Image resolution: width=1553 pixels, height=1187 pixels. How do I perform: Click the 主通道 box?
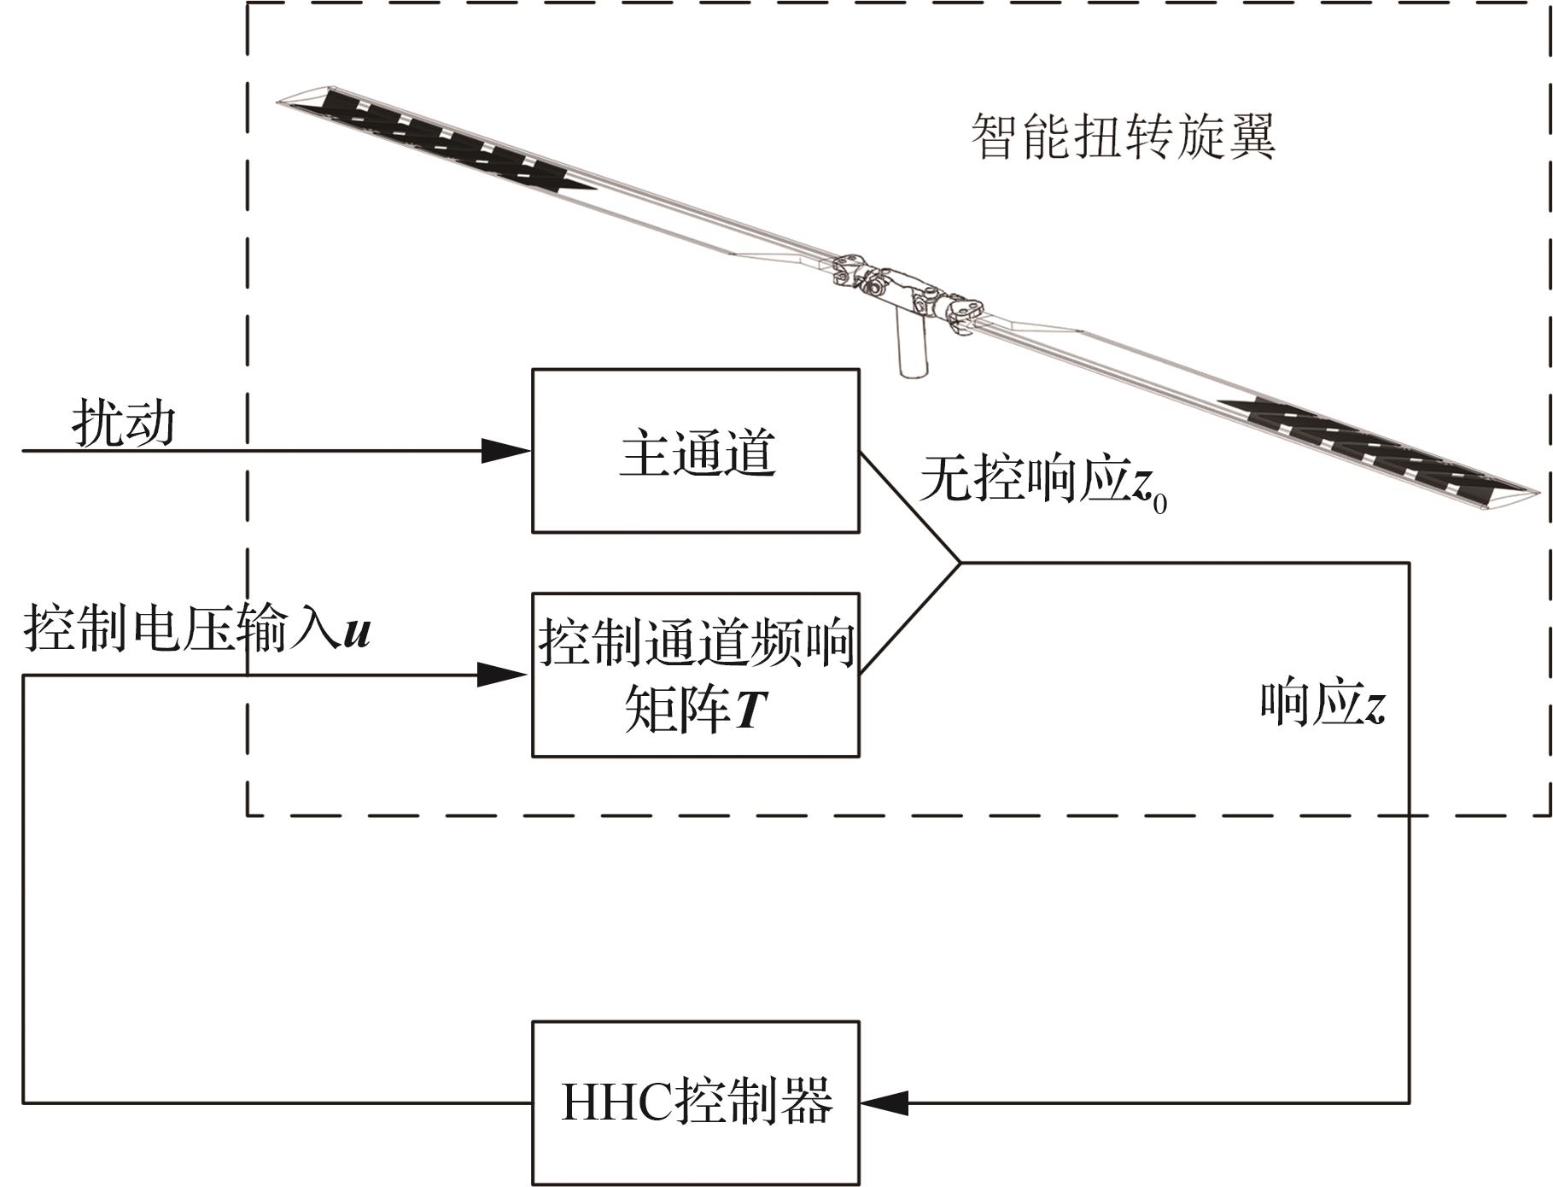pyautogui.click(x=695, y=451)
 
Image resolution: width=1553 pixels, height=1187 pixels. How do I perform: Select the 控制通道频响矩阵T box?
pyautogui.click(x=695, y=675)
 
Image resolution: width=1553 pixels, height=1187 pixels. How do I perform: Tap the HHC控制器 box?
pyautogui.click(x=695, y=1102)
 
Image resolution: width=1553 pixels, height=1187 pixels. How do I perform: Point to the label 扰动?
pyautogui.click(x=124, y=423)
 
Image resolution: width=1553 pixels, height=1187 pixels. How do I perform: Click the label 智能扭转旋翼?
pyautogui.click(x=1123, y=137)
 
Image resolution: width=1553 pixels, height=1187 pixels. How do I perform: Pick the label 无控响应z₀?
pyautogui.click(x=1042, y=481)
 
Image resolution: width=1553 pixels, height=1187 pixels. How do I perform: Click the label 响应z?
pyautogui.click(x=1322, y=705)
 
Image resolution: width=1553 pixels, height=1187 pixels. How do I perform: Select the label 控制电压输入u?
pyautogui.click(x=196, y=629)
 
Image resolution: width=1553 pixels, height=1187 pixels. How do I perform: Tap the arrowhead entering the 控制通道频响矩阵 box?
pyautogui.click(x=504, y=675)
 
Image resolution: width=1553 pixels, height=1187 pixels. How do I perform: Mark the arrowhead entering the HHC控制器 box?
pyautogui.click(x=884, y=1102)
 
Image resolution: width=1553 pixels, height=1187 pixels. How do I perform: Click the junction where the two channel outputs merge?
pyautogui.click(x=960, y=563)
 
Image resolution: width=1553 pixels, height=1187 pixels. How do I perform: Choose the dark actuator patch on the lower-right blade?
pyautogui.click(x=1375, y=444)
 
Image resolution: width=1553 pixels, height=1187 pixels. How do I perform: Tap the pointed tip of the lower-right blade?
pyautogui.click(x=1538, y=493)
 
